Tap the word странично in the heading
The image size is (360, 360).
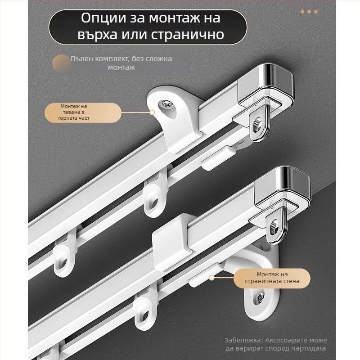coord(188,35)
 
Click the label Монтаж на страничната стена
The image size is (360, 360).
coord(272,278)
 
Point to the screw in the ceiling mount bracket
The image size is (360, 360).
coord(166,104)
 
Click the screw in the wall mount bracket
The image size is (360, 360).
coord(261,297)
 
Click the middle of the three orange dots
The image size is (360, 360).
coord(309,12)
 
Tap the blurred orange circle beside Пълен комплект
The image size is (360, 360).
coord(61,63)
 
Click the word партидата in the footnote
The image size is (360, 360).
coord(308,348)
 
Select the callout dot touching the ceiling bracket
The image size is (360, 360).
coord(152,112)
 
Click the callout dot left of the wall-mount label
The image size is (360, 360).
coord(211,278)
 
